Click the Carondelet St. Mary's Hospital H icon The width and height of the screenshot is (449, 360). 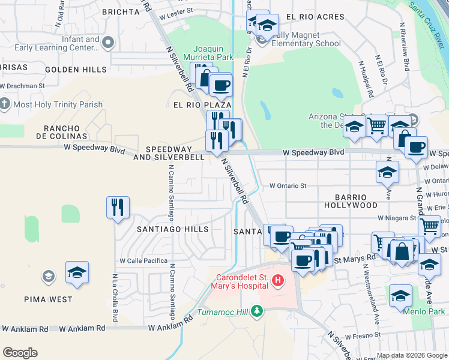pyautogui.click(x=277, y=280)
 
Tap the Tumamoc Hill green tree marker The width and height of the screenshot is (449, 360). pyautogui.click(x=258, y=311)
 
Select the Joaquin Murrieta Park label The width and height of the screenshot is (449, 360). pyautogui.click(x=213, y=53)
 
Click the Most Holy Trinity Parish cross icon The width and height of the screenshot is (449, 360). pyautogui.click(x=5, y=104)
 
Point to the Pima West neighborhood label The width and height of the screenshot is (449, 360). pyautogui.click(x=49, y=299)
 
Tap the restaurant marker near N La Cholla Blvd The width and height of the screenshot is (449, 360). pyautogui.click(x=118, y=208)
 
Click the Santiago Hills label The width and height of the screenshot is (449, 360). pyautogui.click(x=173, y=229)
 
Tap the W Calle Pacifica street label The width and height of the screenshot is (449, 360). pyautogui.click(x=143, y=261)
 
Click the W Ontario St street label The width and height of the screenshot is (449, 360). pyautogui.click(x=288, y=186)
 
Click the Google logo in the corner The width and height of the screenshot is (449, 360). pyautogui.click(x=20, y=353)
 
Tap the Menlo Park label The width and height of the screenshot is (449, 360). pyautogui.click(x=430, y=311)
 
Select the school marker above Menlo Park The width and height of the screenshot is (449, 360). pyautogui.click(x=400, y=295)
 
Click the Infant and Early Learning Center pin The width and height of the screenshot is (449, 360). pyautogui.click(x=108, y=42)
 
